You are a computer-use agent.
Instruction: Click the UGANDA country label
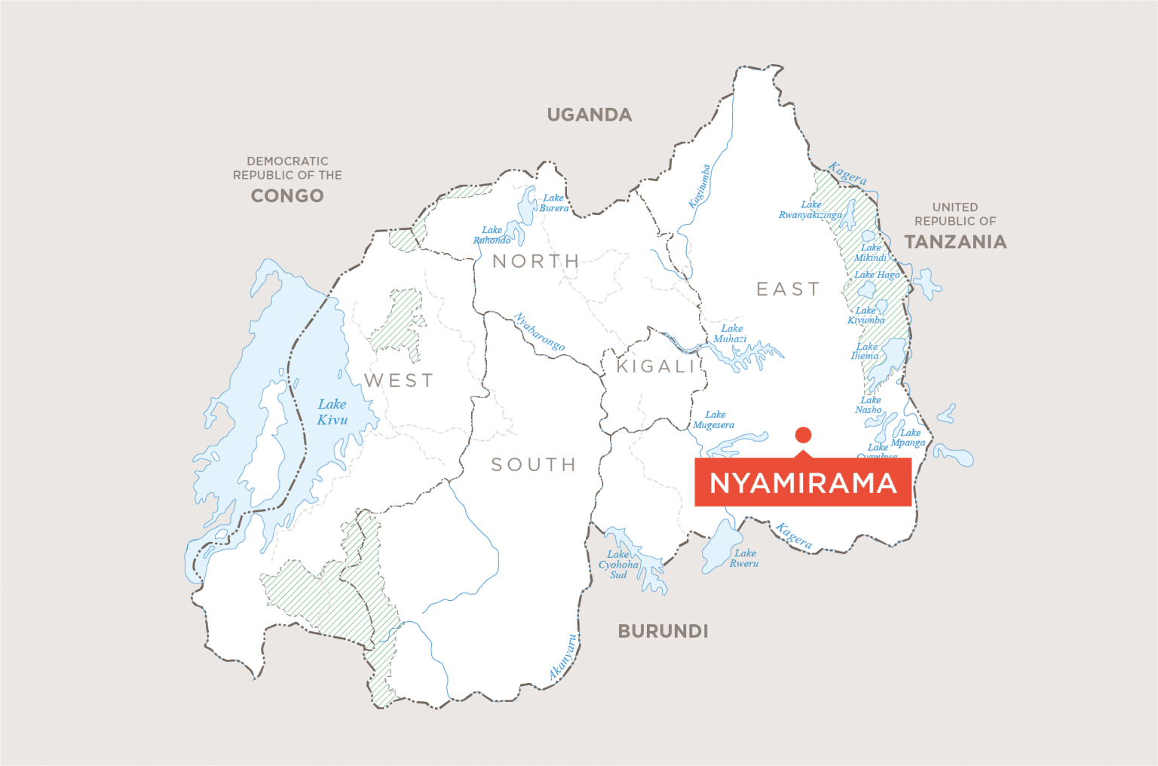pyautogui.click(x=590, y=115)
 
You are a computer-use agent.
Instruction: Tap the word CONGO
pyautogui.click(x=287, y=195)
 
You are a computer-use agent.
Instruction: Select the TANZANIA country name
pyautogui.click(x=955, y=241)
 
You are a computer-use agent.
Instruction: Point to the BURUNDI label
pyautogui.click(x=663, y=631)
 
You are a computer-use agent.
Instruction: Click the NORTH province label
pyautogui.click(x=536, y=261)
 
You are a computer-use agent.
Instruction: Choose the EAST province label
pyautogui.click(x=788, y=289)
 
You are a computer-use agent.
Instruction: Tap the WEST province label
pyautogui.click(x=399, y=381)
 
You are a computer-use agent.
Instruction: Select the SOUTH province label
pyautogui.click(x=534, y=464)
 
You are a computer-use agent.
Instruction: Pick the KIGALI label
pyautogui.click(x=656, y=366)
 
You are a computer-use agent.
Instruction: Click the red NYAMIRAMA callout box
pyautogui.click(x=803, y=483)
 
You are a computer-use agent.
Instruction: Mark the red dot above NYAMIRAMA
pyautogui.click(x=803, y=434)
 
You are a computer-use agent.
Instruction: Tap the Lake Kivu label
pyautogui.click(x=332, y=412)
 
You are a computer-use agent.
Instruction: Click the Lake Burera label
pyautogui.click(x=553, y=203)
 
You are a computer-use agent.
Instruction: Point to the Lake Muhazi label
pyautogui.click(x=731, y=333)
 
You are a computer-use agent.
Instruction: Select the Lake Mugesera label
pyautogui.click(x=714, y=420)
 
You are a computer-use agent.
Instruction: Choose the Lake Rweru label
pyautogui.click(x=744, y=558)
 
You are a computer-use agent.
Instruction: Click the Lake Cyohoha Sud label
pyautogui.click(x=618, y=564)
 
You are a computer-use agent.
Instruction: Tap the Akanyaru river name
pyautogui.click(x=563, y=657)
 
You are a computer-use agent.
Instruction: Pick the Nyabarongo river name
pyautogui.click(x=539, y=332)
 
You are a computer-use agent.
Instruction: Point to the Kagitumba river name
pyautogui.click(x=699, y=186)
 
